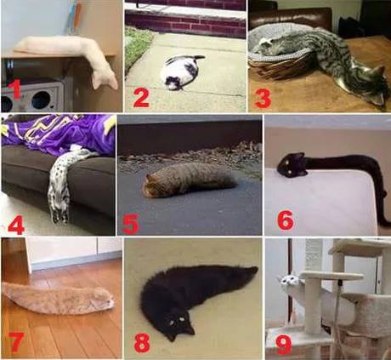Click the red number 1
pos(14,89)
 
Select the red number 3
pos(263,98)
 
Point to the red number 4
pos(16,224)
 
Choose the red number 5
pos(131,223)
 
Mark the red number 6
pos(286,220)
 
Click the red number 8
pos(142,342)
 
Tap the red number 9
pos(284,344)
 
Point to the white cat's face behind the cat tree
pos(287,280)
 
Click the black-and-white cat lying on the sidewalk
pos(181,72)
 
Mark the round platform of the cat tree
pos(331,276)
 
